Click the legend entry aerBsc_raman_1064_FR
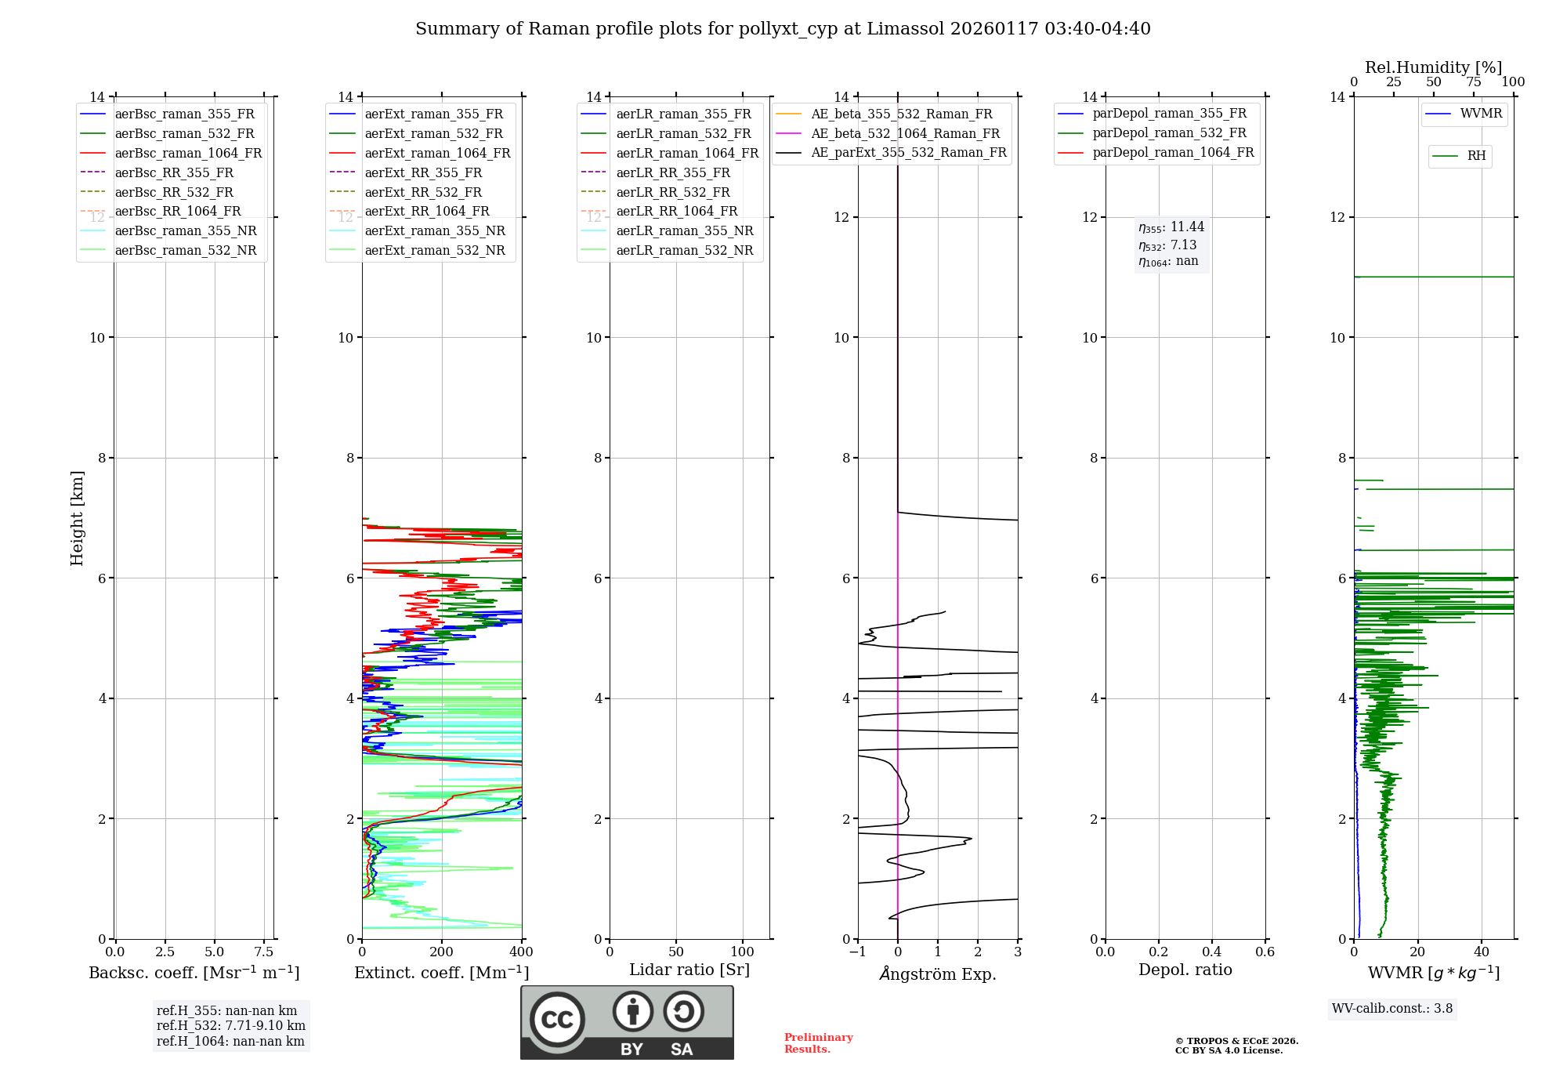(x=188, y=154)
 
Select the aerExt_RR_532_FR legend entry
(x=423, y=192)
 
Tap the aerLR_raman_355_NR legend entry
(x=684, y=231)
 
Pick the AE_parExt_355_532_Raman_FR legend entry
(x=908, y=153)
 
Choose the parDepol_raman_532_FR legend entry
(x=1169, y=133)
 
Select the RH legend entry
(x=1476, y=156)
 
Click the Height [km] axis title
(x=77, y=518)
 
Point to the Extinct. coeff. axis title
(x=441, y=973)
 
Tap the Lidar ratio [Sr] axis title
(x=689, y=970)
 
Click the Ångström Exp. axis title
(x=937, y=974)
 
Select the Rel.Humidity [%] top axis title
(x=1433, y=67)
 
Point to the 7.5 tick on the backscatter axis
(x=264, y=952)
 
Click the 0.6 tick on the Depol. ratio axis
(x=1265, y=952)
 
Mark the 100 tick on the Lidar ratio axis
(x=742, y=952)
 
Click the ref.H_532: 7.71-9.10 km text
(x=230, y=1026)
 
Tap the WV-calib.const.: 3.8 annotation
(x=1391, y=1009)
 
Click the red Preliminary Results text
(x=818, y=1043)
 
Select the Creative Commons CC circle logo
(x=557, y=1020)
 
